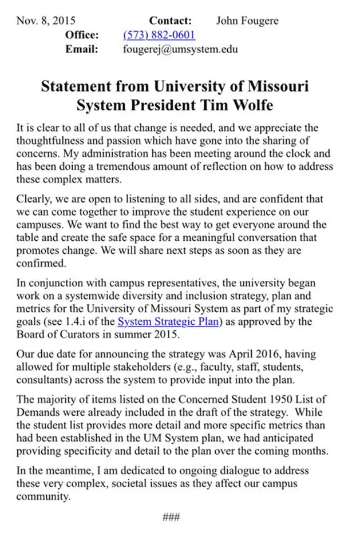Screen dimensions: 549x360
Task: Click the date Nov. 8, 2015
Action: [x=46, y=21]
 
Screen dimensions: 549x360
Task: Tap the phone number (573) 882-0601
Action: [x=159, y=35]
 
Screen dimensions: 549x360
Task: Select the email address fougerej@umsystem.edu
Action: [x=180, y=50]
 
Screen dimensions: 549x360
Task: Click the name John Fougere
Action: [x=247, y=21]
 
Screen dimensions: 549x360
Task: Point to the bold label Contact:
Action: [x=170, y=21]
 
